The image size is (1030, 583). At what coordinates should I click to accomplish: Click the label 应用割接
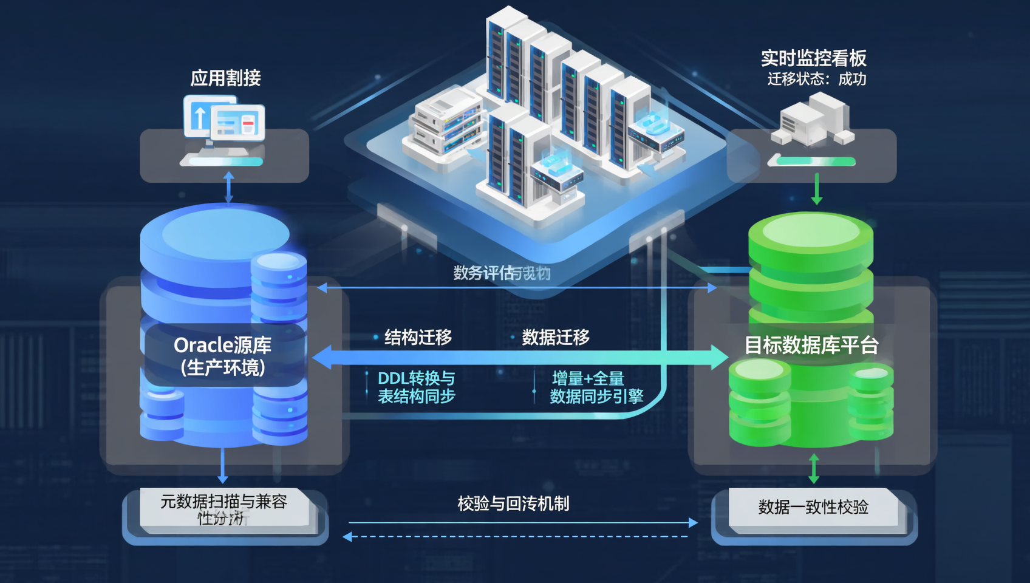(x=225, y=78)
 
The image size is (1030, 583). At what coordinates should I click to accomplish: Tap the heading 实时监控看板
(x=813, y=58)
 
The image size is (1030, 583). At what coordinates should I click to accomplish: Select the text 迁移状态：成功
(x=816, y=80)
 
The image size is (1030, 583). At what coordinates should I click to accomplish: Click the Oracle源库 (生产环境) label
(x=223, y=356)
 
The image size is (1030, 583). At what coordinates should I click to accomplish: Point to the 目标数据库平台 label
(x=811, y=346)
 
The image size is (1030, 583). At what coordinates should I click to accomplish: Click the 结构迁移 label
(x=418, y=338)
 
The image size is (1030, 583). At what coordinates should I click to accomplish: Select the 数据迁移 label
(x=555, y=338)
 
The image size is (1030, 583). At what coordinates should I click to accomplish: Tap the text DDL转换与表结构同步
(x=417, y=387)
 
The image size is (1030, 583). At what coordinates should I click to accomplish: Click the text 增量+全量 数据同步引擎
(x=596, y=387)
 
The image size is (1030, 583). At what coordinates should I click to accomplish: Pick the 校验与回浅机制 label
(x=513, y=503)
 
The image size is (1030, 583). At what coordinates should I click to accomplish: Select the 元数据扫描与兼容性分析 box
(x=223, y=509)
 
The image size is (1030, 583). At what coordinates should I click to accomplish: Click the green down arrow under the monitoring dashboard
(x=817, y=189)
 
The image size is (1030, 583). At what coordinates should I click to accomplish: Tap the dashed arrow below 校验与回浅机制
(x=516, y=537)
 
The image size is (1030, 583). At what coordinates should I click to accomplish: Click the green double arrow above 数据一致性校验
(x=814, y=469)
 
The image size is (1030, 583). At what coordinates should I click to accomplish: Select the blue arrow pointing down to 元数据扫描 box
(x=223, y=466)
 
